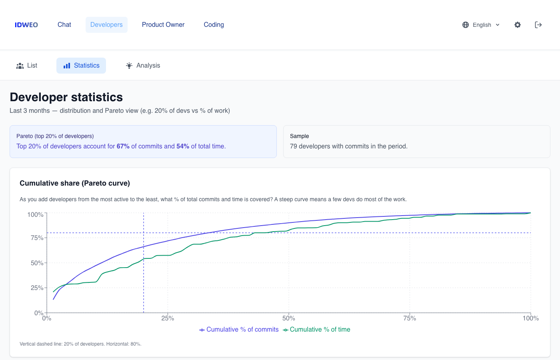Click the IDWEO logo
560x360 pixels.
pos(26,25)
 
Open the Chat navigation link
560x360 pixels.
pos(64,25)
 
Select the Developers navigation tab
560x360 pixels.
pos(106,25)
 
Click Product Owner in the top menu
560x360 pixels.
pos(163,25)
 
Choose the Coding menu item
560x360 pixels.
pos(214,25)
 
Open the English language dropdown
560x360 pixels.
pos(481,25)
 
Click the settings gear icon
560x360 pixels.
pos(518,25)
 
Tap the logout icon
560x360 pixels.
pos(538,25)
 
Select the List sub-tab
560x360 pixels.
pos(27,66)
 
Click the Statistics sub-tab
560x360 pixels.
pos(81,66)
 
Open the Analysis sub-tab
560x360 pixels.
pos(143,66)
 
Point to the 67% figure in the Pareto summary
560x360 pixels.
pos(123,146)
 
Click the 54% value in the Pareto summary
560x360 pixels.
pos(183,146)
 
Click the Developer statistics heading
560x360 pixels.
pos(66,97)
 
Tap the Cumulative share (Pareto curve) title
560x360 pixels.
pos(75,183)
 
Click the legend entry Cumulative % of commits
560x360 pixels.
pos(239,330)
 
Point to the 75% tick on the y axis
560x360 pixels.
pos(37,238)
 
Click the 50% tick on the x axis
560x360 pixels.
pos(289,318)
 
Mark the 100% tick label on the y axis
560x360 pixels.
pos(35,215)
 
